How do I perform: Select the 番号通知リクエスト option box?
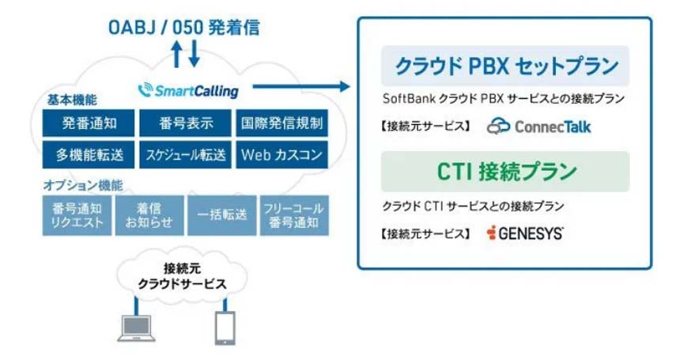pyautogui.click(x=77, y=214)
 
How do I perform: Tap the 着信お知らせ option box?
pyautogui.click(x=149, y=214)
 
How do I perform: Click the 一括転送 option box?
pyautogui.click(x=221, y=214)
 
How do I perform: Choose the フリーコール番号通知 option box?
pyautogui.click(x=293, y=214)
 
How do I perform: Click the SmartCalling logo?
pyautogui.click(x=187, y=90)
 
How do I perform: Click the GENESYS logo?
pyautogui.click(x=525, y=233)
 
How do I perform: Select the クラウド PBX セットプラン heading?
pyautogui.click(x=505, y=65)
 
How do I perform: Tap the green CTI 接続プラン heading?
pyautogui.click(x=505, y=171)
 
